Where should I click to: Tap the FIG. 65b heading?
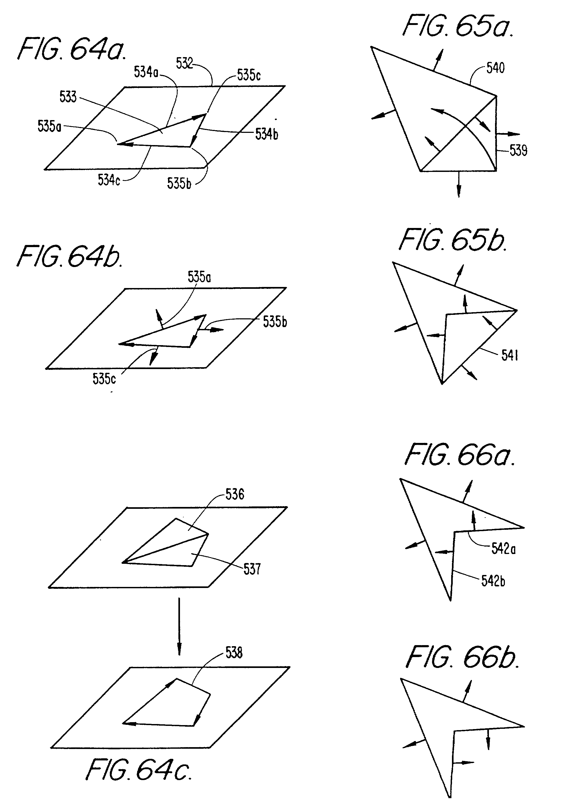pos(453,240)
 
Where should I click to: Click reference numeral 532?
pos(184,64)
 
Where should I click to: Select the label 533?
pos(68,97)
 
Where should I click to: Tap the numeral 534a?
pos(146,72)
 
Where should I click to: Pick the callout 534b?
pos(266,134)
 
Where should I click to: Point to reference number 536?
pos(234,495)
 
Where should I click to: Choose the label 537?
pos(252,569)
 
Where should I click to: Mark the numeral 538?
pos(234,653)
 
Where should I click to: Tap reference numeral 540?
pos(495,68)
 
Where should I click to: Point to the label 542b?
pos(493,581)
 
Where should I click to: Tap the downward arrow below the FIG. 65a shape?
pos(458,184)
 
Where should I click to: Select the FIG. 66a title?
pos(460,455)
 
